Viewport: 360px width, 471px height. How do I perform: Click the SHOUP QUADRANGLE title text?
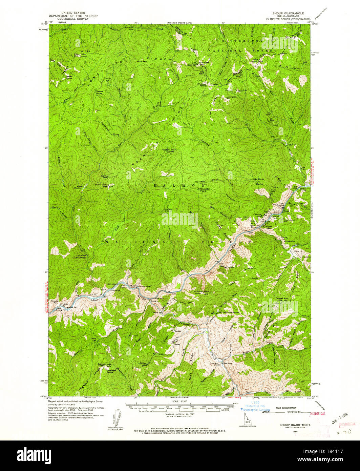coord(288,13)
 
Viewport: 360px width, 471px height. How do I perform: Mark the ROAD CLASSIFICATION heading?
coord(287,408)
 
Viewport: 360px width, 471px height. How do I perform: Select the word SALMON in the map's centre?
coord(180,186)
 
